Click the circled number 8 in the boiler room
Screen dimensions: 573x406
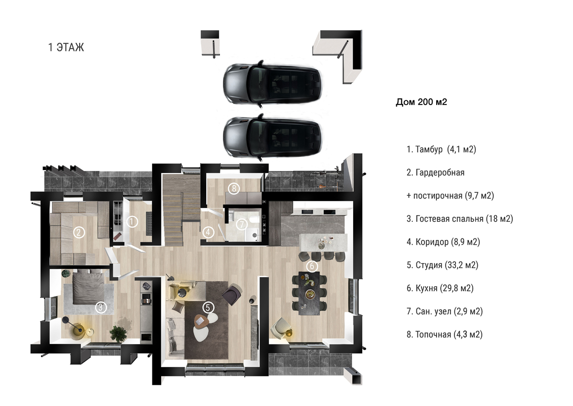[x=234, y=188]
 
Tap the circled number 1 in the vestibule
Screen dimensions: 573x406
[x=132, y=221]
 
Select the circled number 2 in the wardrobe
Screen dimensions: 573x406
[x=79, y=232]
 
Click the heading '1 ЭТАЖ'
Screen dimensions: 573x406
[x=66, y=47]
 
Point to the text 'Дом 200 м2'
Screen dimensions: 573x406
[x=422, y=102]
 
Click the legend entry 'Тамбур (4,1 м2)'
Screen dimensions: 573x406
[x=441, y=149]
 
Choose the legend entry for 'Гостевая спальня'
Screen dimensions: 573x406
[x=460, y=219]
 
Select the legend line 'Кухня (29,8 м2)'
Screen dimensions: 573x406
[x=440, y=288]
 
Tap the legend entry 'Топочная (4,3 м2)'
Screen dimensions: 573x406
[x=445, y=334]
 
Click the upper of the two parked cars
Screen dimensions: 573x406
[x=272, y=84]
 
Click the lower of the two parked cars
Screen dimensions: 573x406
[x=272, y=138]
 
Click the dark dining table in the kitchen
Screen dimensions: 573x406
[x=309, y=293]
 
